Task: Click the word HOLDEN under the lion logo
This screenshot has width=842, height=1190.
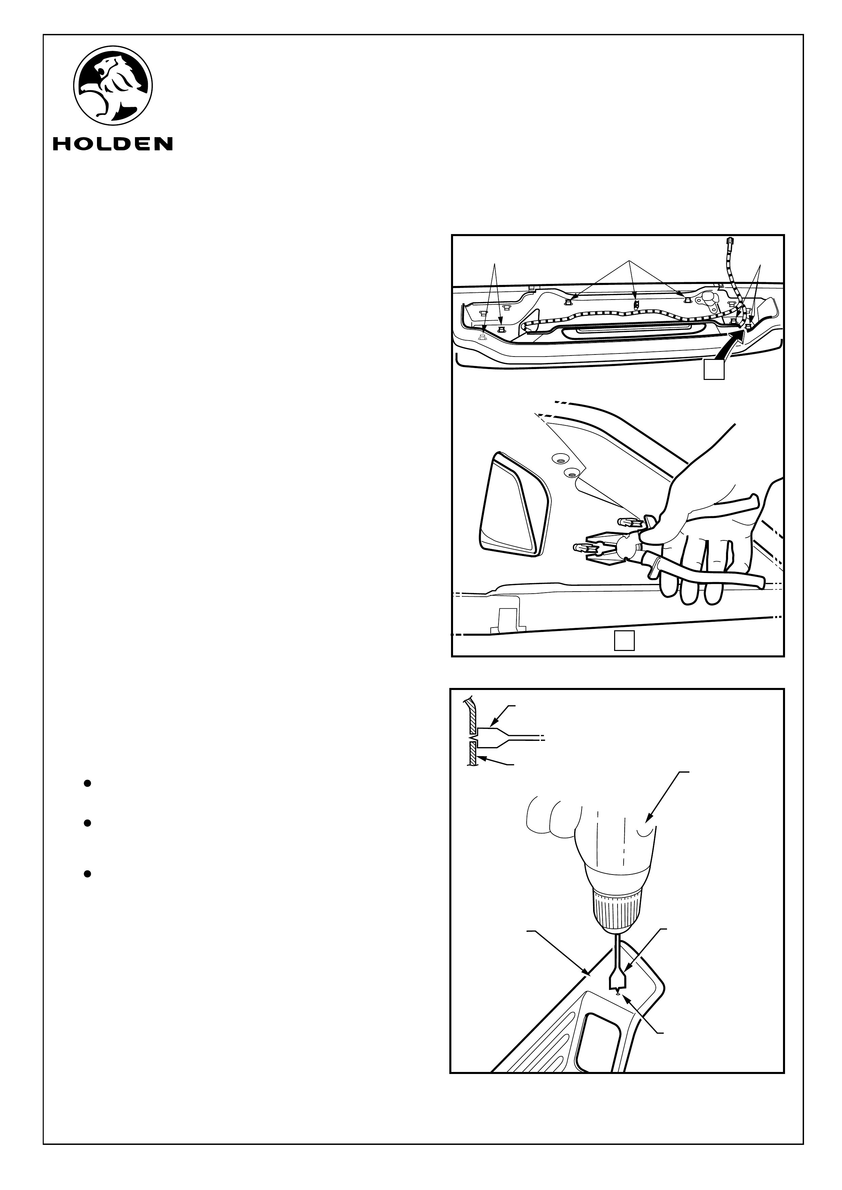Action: [x=113, y=143]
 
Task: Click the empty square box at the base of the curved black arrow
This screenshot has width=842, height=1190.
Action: [x=713, y=370]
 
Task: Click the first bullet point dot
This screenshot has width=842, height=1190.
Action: [x=87, y=783]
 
